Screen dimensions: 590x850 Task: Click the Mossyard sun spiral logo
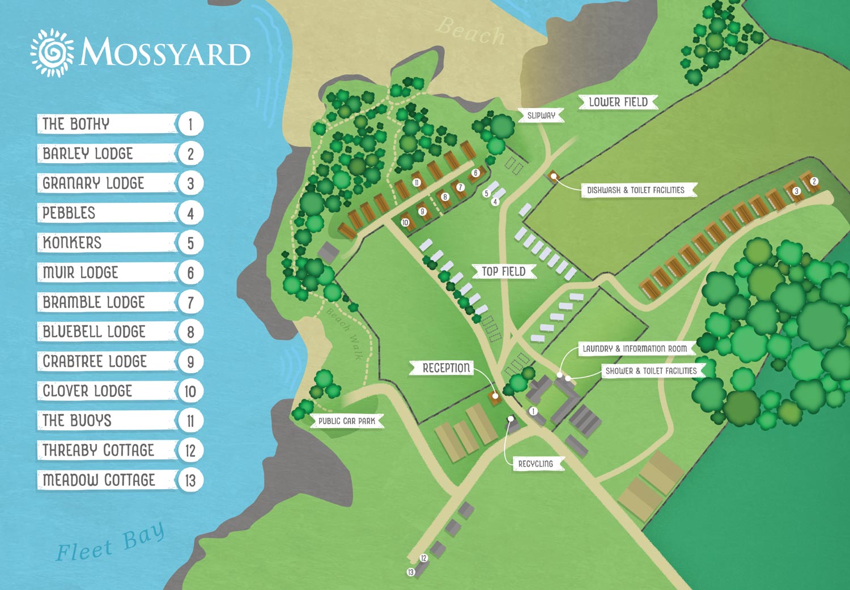[x=52, y=53]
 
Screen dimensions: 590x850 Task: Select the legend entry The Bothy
[x=108, y=124]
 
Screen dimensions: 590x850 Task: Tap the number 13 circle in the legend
[x=190, y=480]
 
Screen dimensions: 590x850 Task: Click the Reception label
[x=446, y=368]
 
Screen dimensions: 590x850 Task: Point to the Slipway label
[x=541, y=116]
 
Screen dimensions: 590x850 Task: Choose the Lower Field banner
[x=618, y=102]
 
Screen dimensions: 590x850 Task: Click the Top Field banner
[x=503, y=272]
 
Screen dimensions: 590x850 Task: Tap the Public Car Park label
[x=347, y=421]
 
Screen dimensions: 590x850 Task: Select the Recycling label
[x=535, y=464]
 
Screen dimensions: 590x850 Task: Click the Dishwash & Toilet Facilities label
[x=636, y=190]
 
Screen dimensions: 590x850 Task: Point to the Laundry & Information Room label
[x=635, y=349]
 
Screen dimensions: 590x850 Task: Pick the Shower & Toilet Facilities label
[x=651, y=371]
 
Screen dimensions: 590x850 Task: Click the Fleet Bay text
[x=110, y=543]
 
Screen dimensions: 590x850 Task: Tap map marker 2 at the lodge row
[x=814, y=181]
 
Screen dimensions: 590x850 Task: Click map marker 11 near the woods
[x=416, y=182]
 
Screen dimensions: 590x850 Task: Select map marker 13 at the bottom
[x=411, y=572]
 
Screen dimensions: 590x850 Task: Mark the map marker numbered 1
[x=533, y=411]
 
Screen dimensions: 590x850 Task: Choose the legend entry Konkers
[x=108, y=243]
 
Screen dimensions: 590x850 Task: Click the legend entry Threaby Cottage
[x=108, y=450]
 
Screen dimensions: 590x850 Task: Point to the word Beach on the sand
[x=470, y=31]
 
